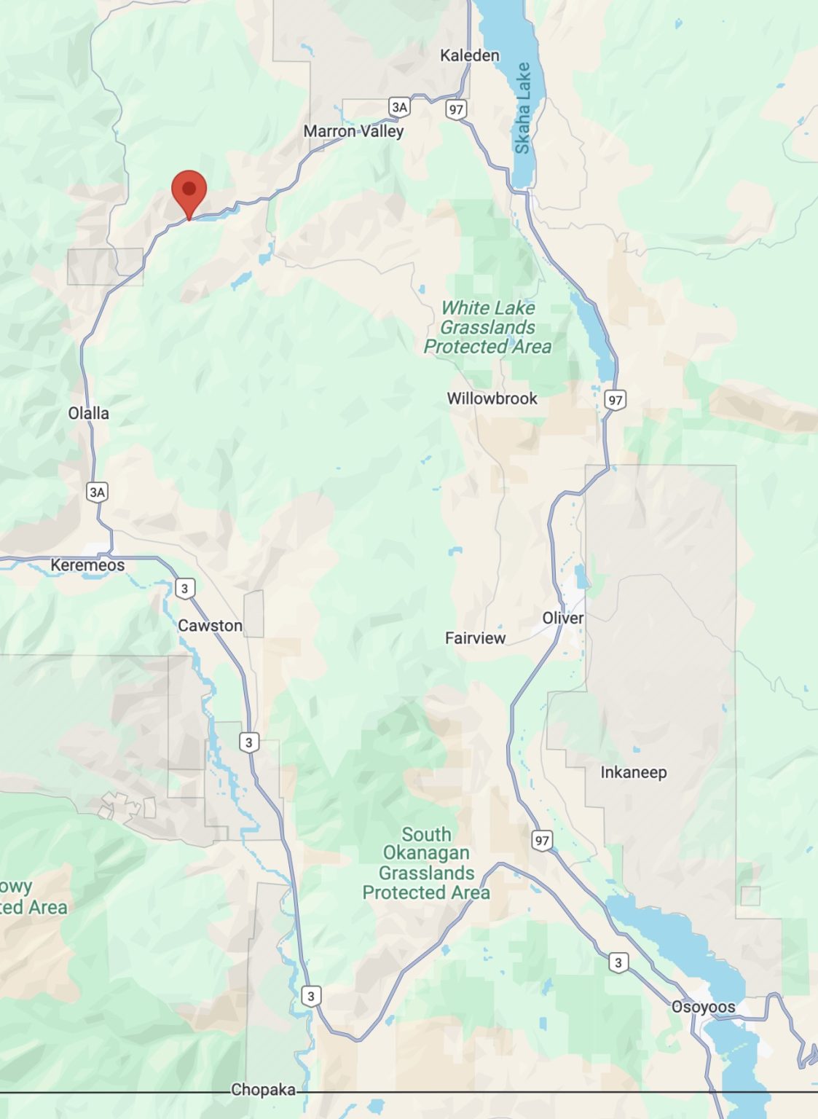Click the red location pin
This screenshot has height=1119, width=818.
(189, 191)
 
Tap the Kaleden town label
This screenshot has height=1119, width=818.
(470, 55)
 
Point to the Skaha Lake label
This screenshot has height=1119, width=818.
(522, 108)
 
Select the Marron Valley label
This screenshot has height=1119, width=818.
(353, 131)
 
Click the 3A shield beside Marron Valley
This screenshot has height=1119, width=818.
(399, 107)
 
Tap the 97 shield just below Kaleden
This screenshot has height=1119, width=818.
(456, 110)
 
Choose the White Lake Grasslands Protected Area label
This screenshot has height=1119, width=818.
(487, 327)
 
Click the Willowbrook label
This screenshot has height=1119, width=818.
(492, 398)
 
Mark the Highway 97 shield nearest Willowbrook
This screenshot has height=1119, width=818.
(616, 400)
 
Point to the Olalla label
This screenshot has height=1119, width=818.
(88, 413)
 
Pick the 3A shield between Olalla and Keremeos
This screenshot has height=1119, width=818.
(97, 492)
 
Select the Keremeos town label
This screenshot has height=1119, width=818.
(87, 565)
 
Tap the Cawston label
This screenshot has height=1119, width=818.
(210, 626)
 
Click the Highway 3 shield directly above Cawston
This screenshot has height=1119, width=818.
(185, 589)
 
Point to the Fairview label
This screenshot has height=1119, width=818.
(475, 638)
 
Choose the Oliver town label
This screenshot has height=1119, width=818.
(562, 618)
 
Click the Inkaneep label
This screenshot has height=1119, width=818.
(633, 772)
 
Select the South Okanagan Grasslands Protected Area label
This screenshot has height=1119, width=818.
(426, 863)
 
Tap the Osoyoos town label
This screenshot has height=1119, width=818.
(703, 1007)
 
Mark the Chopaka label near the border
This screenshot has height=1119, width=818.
(263, 1090)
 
